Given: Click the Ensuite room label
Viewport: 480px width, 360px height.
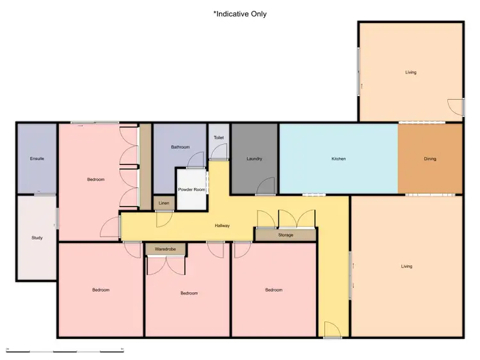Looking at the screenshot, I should (x=37, y=159).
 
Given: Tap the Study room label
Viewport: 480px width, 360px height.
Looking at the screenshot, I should (x=37, y=238).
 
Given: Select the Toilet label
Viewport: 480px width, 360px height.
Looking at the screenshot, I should (x=219, y=137).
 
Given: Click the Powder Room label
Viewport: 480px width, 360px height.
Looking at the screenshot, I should (x=191, y=189).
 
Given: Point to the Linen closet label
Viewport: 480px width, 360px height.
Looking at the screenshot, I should (x=163, y=203).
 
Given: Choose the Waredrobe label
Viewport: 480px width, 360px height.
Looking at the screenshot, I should (x=165, y=248).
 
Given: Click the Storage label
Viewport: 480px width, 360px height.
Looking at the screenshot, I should (x=285, y=235).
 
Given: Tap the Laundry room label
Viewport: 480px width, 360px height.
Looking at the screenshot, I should (x=254, y=159).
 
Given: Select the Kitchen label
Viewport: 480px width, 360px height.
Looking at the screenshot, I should (x=339, y=159).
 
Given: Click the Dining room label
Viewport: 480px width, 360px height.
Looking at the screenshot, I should (x=430, y=159).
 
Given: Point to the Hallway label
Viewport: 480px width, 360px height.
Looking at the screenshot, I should (x=222, y=226).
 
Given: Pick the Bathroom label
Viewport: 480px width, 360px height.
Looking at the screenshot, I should (x=180, y=147).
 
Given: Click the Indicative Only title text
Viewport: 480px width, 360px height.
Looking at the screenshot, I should (x=240, y=13).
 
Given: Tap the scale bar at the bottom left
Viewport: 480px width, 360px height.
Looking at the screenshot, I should (x=65, y=350).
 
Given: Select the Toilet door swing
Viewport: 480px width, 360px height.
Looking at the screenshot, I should (x=219, y=152).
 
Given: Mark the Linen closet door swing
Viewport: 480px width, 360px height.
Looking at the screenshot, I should (x=164, y=217).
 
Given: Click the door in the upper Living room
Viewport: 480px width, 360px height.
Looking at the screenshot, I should (x=455, y=107).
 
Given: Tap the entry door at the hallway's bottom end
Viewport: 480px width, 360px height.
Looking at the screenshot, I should (x=332, y=329).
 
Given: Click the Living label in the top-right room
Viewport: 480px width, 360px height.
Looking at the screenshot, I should (x=410, y=72).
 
